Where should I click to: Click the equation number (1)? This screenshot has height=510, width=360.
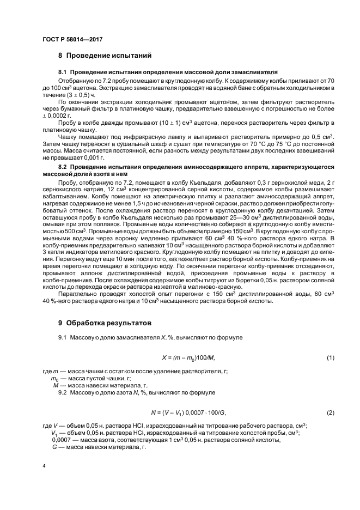tap(330, 357)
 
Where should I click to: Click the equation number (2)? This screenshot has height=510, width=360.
tap(330, 412)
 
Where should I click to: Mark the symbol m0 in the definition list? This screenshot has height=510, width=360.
tap(54, 378)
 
